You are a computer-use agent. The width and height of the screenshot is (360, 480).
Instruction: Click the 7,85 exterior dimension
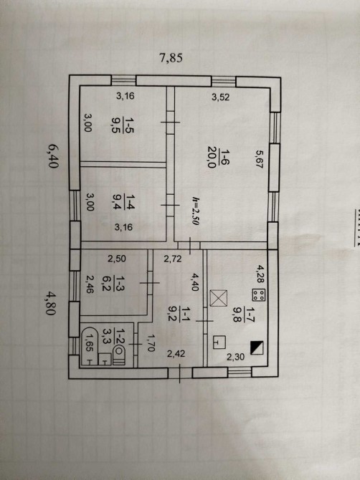click(171, 57)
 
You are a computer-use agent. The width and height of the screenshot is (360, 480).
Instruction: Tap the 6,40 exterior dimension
click(53, 156)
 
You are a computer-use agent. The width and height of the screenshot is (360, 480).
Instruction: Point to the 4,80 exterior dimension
click(51, 303)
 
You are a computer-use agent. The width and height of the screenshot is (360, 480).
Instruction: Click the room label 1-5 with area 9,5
click(123, 124)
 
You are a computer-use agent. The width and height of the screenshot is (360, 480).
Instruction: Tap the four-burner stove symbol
click(258, 294)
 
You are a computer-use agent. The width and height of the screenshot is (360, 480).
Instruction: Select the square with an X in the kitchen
click(219, 298)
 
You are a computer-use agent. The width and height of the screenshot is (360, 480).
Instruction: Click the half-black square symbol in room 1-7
click(257, 347)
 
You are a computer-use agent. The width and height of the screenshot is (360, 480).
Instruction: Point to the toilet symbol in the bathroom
click(119, 355)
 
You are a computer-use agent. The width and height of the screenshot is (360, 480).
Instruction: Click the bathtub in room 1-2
click(89, 346)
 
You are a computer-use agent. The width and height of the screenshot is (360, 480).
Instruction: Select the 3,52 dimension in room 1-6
click(221, 97)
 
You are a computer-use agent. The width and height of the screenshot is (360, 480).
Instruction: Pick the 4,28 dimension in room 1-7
click(260, 274)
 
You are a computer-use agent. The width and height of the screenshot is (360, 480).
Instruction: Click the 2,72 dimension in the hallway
click(173, 259)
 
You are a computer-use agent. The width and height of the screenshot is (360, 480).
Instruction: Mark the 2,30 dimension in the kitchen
click(235, 356)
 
